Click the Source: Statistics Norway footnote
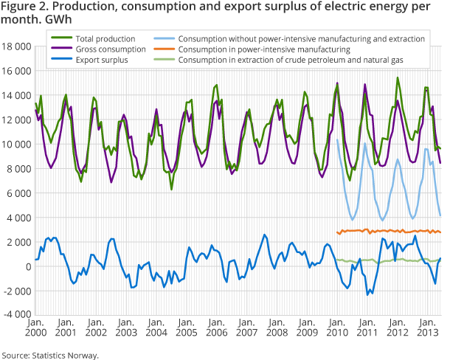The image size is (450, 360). pos(49,354)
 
